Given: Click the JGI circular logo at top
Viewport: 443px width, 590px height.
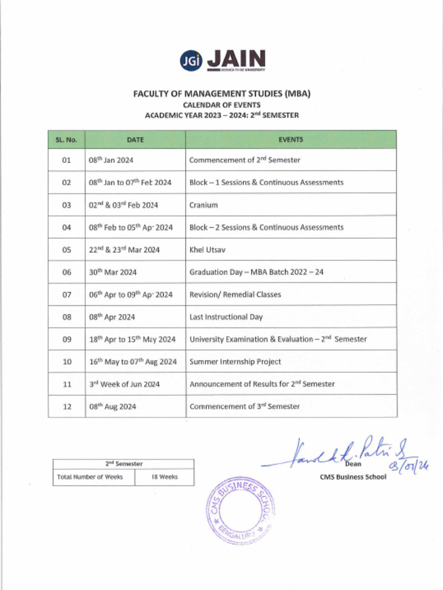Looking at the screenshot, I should [x=192, y=60].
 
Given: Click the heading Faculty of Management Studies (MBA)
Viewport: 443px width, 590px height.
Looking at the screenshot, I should [x=221, y=93].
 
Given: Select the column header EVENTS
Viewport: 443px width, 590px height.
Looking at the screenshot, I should [x=291, y=139].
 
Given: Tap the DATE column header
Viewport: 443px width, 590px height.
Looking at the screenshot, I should [x=135, y=139].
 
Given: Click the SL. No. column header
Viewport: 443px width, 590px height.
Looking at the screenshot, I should [x=66, y=139].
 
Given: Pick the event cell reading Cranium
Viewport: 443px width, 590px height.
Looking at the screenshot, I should [x=204, y=205].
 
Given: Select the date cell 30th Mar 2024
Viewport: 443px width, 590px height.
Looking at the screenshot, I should [x=112, y=272].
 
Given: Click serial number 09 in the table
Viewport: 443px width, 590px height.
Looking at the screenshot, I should [x=66, y=339].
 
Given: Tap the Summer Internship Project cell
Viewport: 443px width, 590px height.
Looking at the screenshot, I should [x=235, y=362].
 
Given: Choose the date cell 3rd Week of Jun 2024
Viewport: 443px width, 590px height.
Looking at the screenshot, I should [x=124, y=384].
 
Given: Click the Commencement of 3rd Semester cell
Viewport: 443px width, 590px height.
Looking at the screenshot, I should [x=245, y=407].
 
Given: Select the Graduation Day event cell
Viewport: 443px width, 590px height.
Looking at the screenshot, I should [x=256, y=272].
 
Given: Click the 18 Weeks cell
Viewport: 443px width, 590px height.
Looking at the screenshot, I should [x=164, y=477].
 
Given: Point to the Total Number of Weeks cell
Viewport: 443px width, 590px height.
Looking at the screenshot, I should [x=90, y=477].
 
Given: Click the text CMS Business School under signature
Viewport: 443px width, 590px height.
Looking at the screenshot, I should [x=353, y=477].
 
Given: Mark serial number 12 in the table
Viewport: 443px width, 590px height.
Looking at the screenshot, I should [x=66, y=407].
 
